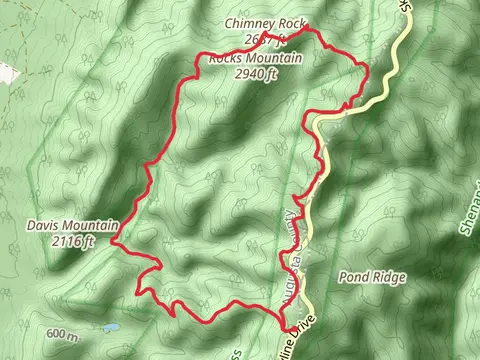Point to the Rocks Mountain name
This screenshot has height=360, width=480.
pyautogui.click(x=256, y=58)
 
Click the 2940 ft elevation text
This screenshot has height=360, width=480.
pyautogui.click(x=256, y=73)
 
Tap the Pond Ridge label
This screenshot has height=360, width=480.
pyautogui.click(x=373, y=277)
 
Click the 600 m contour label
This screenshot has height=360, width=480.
pyautogui.click(x=61, y=334)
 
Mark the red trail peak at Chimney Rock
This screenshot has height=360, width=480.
pyautogui.click(x=306, y=27)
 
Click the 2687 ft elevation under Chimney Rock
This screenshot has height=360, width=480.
pyautogui.click(x=262, y=41)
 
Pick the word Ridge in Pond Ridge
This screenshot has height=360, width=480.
pyautogui.click(x=390, y=277)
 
